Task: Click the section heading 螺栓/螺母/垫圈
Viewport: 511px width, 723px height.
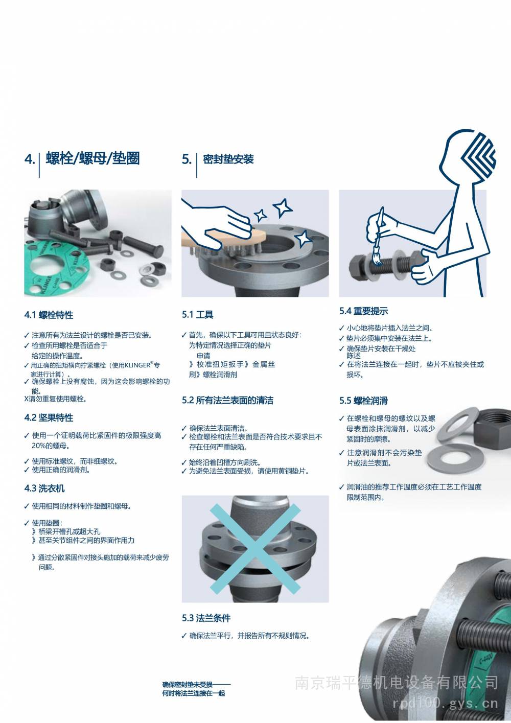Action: pos(92,158)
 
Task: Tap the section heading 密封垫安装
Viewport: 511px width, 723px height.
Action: pos(228,159)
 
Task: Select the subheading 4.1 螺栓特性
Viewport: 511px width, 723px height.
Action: pos(49,315)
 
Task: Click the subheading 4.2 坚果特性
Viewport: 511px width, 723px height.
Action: pos(49,417)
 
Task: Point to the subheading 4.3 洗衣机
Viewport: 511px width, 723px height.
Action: pos(44,488)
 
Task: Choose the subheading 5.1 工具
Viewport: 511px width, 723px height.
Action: pos(198,314)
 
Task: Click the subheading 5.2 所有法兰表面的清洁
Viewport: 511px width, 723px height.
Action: pos(227,401)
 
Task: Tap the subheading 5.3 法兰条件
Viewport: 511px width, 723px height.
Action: pos(206,618)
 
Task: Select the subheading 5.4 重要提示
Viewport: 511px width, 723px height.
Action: pos(364,311)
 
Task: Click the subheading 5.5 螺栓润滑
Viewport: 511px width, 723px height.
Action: pos(363,401)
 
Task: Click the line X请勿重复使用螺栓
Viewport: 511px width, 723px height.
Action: pos(56,399)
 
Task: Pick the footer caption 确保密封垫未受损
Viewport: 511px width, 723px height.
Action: pos(187,684)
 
